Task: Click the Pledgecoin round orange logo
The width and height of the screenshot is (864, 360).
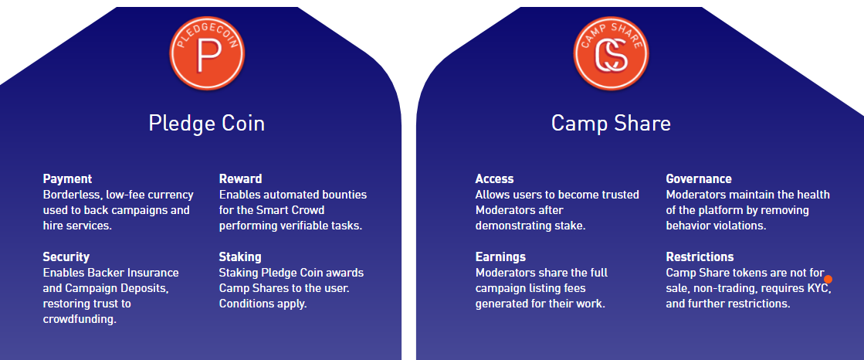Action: [207, 53]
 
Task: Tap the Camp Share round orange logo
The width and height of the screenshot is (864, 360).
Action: [611, 53]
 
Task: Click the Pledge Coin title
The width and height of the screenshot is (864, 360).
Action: [207, 123]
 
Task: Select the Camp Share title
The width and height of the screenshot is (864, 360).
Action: [611, 123]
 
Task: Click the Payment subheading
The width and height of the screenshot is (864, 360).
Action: [67, 179]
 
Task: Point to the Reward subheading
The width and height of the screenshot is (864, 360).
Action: [240, 178]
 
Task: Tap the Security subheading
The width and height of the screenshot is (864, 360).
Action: [66, 257]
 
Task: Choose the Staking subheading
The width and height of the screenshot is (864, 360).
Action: [240, 257]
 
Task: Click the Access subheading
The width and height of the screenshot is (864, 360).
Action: [494, 178]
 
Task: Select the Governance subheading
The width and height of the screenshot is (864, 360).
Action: [699, 178]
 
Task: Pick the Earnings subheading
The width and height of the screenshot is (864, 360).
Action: [500, 257]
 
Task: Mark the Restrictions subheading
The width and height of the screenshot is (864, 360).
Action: [700, 257]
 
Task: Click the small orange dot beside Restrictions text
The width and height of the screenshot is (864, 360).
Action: [828, 280]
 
